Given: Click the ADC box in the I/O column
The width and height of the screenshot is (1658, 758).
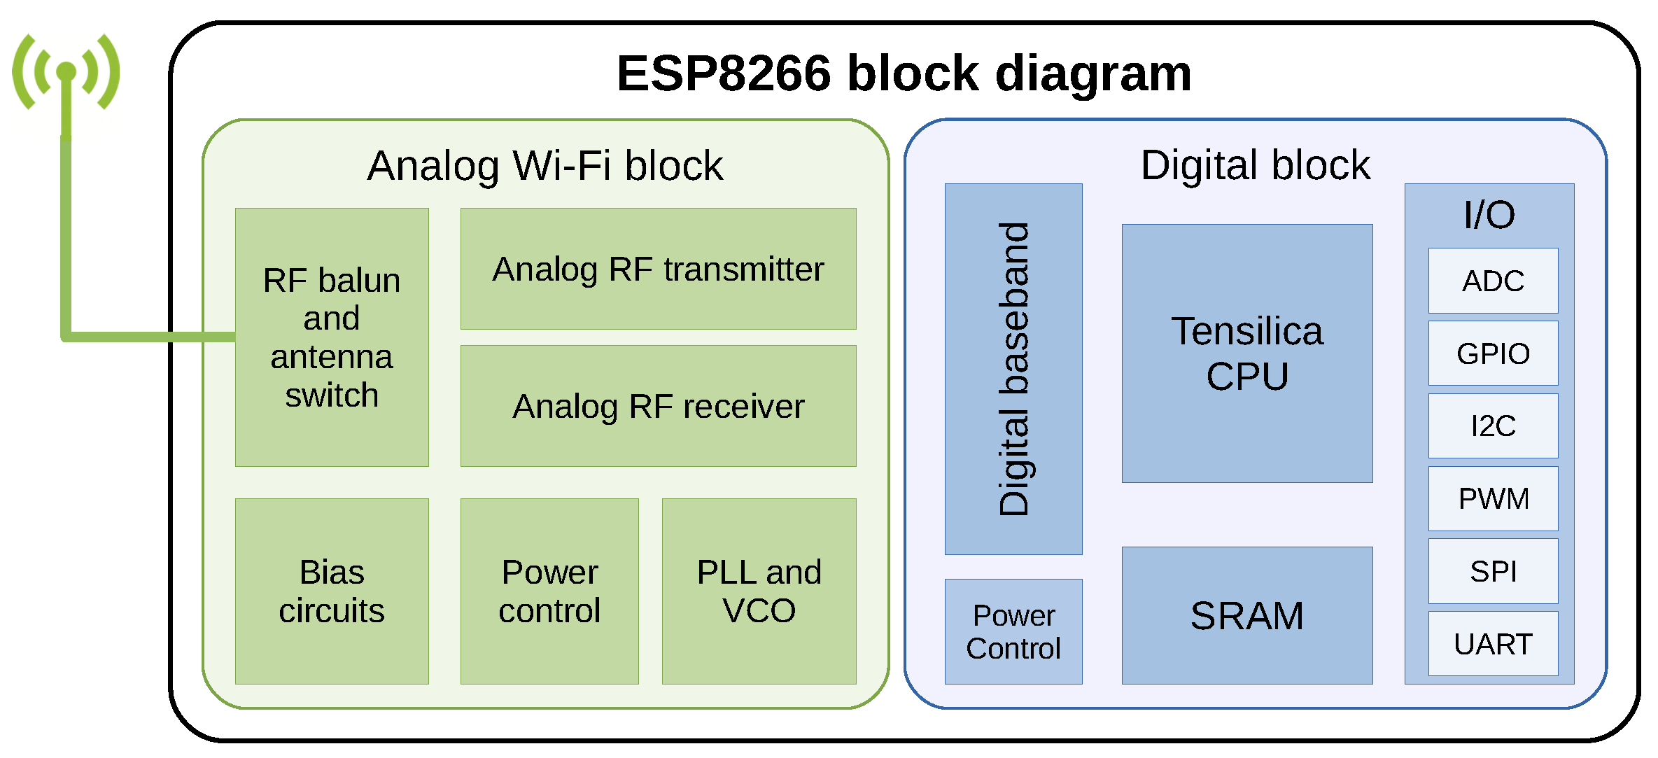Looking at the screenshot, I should [x=1493, y=281].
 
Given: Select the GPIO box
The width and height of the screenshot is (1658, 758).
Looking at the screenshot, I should [x=1493, y=353].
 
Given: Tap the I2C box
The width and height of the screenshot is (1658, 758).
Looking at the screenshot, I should [x=1493, y=426].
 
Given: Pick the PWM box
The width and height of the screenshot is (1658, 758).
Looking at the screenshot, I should [x=1493, y=498].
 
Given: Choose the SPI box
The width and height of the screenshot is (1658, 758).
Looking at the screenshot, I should [x=1493, y=571].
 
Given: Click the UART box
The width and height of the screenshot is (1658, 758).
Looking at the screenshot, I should [x=1493, y=644].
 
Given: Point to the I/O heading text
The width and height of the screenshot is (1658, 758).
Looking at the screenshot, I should [x=1489, y=215].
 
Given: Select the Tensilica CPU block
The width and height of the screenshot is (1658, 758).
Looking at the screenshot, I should [x=1247, y=353].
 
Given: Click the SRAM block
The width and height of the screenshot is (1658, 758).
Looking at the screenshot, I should [x=1247, y=616].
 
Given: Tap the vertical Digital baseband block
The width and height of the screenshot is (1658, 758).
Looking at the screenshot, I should [x=1013, y=370].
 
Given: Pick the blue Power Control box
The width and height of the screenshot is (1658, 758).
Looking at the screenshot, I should [x=1013, y=632].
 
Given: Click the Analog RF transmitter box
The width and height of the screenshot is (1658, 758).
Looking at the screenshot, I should [x=658, y=269].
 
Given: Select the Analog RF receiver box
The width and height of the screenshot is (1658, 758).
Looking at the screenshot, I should [x=658, y=407].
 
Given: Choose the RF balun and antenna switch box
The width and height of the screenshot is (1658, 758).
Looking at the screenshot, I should [x=332, y=337].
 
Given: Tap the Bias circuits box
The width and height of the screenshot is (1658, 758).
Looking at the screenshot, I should [x=332, y=591].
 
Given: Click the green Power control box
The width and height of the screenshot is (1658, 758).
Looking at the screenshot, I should [x=549, y=591].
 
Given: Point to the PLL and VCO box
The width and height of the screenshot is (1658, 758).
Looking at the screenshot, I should [x=759, y=591].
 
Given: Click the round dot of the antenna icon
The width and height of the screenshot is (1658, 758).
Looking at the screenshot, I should [x=66, y=71].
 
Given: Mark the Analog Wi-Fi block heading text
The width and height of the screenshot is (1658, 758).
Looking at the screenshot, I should [x=545, y=166].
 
